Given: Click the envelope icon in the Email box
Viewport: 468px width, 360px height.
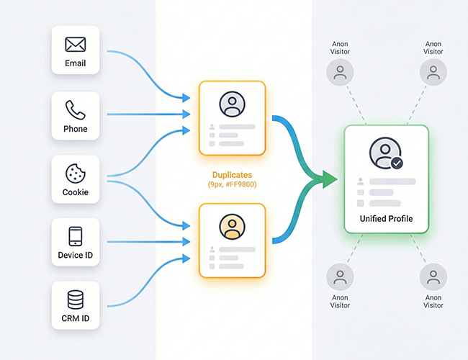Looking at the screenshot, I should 75,45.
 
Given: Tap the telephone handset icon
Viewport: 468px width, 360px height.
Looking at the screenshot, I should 75,109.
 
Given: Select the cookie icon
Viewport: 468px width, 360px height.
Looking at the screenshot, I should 75,173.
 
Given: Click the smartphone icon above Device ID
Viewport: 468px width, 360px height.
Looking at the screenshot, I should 75,236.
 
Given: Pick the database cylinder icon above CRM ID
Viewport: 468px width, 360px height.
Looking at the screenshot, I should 75,300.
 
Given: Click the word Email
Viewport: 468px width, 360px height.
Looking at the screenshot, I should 75,63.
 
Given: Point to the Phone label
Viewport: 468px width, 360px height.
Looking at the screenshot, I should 75,129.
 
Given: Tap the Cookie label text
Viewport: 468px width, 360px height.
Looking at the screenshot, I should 75,192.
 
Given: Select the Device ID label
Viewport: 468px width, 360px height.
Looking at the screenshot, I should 75,256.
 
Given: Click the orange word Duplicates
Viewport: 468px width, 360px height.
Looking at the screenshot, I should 232,175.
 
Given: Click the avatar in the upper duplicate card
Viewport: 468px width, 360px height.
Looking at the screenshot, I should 232,104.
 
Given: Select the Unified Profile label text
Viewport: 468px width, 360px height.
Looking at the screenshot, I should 386,218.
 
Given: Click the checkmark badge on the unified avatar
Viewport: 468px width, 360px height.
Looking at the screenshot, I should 397,163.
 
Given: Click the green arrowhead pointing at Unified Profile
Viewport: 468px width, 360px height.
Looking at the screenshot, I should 330,179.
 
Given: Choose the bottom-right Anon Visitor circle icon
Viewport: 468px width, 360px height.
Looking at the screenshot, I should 433,276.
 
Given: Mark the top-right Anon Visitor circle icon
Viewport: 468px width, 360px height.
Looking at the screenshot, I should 433,72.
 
